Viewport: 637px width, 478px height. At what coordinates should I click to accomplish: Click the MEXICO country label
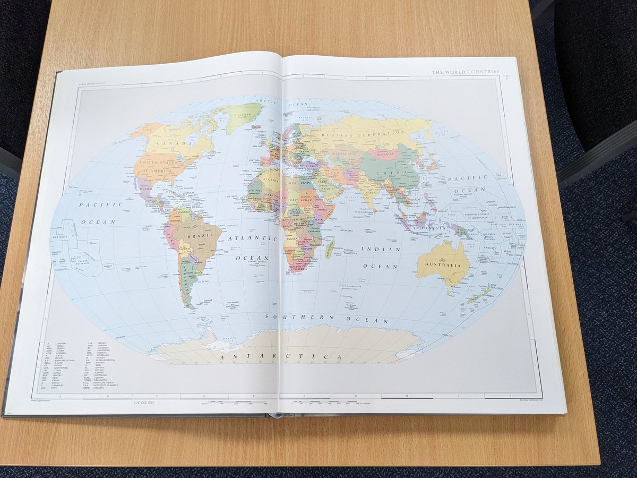145,187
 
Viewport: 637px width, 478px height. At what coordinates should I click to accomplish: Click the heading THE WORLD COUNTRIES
465,72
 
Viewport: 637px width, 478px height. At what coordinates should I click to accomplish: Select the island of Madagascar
330,249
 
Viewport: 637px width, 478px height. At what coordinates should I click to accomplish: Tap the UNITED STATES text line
159,163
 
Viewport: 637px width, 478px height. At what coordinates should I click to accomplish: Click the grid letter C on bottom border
156,396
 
